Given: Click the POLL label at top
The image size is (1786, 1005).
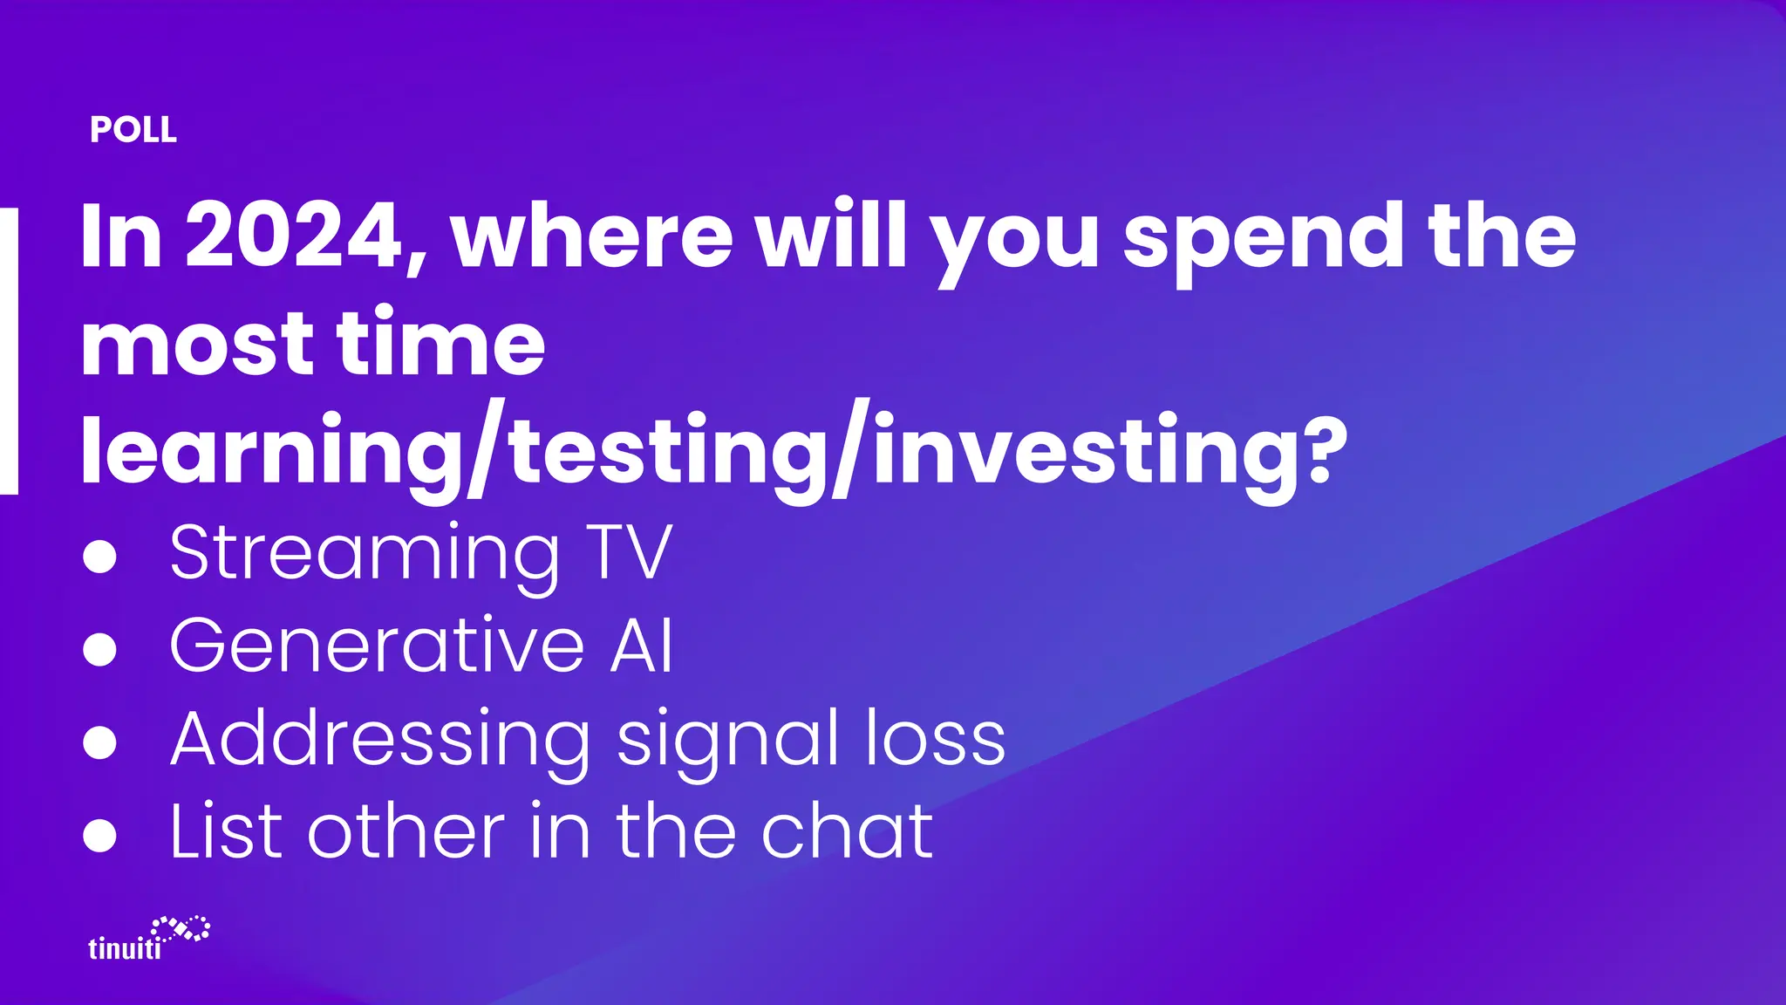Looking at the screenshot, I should pyautogui.click(x=133, y=130).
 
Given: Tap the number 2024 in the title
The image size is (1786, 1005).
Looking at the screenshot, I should pyautogui.click(x=295, y=235).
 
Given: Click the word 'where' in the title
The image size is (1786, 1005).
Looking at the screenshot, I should pyautogui.click(x=592, y=235).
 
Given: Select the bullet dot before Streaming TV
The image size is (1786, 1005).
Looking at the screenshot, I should pyautogui.click(x=99, y=556).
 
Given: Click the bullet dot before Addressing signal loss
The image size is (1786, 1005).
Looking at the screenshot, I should pyautogui.click(x=99, y=742).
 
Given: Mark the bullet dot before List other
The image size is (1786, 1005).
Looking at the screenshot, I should pyautogui.click(x=99, y=835).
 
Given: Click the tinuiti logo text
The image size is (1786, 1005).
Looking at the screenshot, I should pyautogui.click(x=125, y=947).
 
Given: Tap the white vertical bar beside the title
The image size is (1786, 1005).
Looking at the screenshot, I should pyautogui.click(x=8, y=351).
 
